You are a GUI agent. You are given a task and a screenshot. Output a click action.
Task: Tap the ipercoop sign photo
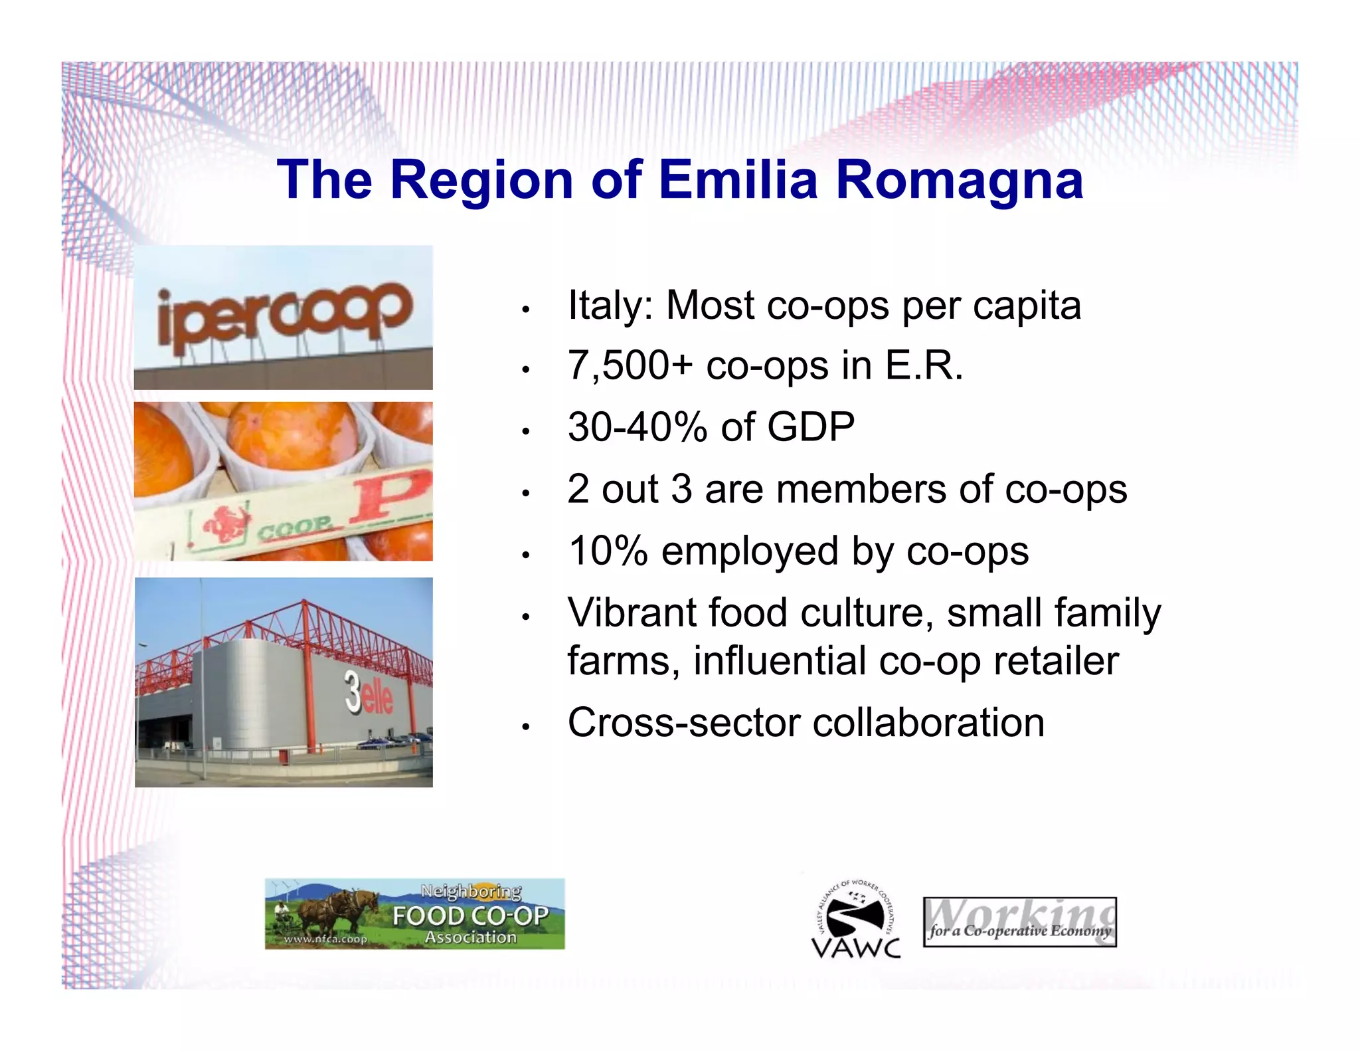tap(283, 317)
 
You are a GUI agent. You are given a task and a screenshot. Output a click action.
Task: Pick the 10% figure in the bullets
tap(608, 551)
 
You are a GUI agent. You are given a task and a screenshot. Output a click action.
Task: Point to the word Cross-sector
tap(683, 722)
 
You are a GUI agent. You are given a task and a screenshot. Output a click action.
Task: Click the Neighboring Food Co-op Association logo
tap(414, 913)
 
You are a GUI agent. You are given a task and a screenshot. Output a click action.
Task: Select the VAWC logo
tap(856, 919)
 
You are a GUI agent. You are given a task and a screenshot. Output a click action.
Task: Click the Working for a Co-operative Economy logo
tap(1019, 921)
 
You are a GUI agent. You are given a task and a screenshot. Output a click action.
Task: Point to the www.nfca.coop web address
tap(325, 939)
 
